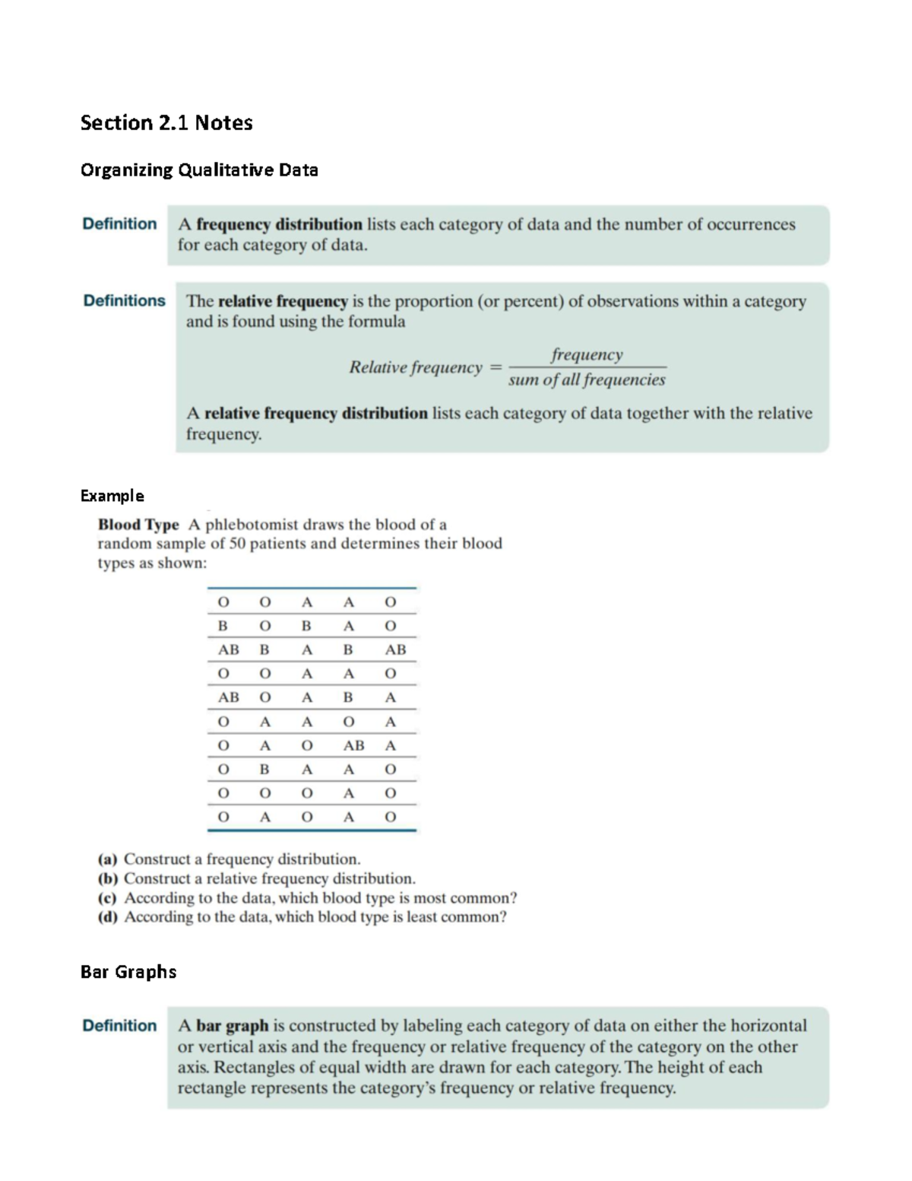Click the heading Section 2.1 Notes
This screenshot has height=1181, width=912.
pos(166,123)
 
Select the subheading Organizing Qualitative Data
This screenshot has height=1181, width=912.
pos(199,170)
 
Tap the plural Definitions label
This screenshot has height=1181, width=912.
pos(124,301)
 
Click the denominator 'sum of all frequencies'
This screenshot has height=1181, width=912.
pos(586,379)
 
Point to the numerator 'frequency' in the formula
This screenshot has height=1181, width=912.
pos(587,354)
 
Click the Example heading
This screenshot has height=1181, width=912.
pos(112,496)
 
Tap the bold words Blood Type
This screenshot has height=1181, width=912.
pos(138,525)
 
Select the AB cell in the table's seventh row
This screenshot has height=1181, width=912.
pos(353,746)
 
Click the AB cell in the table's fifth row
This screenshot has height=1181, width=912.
pos(228,697)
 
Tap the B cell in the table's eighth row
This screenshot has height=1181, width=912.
pos(264,770)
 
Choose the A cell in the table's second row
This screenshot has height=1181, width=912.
pos(349,626)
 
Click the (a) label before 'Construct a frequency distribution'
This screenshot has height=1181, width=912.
pos(108,859)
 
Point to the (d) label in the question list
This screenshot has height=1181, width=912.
pos(108,917)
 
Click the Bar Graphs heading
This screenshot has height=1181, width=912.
pos(128,972)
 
